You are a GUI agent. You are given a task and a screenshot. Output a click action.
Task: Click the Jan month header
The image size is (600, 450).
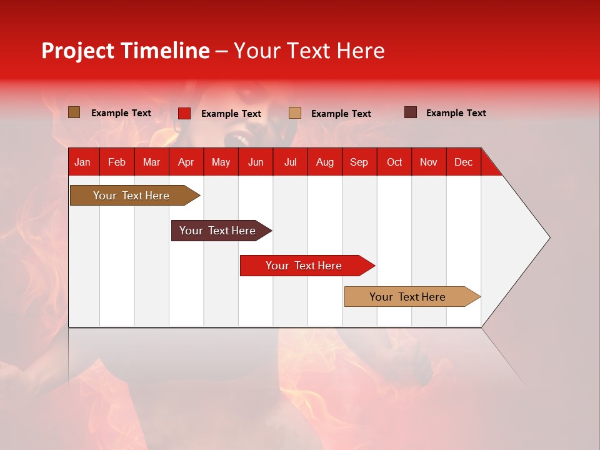point(82,162)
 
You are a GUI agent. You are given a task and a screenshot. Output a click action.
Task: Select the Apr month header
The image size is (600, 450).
point(186,162)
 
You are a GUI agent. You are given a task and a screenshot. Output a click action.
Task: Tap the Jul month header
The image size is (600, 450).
point(290,162)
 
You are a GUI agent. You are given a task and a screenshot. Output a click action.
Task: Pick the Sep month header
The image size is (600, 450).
point(359,162)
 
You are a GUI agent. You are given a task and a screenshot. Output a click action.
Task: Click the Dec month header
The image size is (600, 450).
point(463,162)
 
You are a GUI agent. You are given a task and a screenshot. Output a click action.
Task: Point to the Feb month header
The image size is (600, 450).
point(117,162)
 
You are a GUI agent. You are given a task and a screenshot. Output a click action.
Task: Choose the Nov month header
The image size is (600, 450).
point(428,162)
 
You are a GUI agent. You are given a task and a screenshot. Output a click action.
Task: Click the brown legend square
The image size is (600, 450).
point(74,112)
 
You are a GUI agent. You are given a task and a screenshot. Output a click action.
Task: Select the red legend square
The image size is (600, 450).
point(184,113)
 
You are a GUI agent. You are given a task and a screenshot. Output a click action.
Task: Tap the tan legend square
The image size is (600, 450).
point(295,113)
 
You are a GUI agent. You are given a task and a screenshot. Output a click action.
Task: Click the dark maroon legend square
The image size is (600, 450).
point(410,112)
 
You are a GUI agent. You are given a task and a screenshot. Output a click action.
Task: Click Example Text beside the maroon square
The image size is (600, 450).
point(456,113)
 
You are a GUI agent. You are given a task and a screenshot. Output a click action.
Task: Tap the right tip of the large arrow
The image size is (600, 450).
point(548,237)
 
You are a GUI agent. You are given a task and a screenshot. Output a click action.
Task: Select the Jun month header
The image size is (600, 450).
point(255,162)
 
